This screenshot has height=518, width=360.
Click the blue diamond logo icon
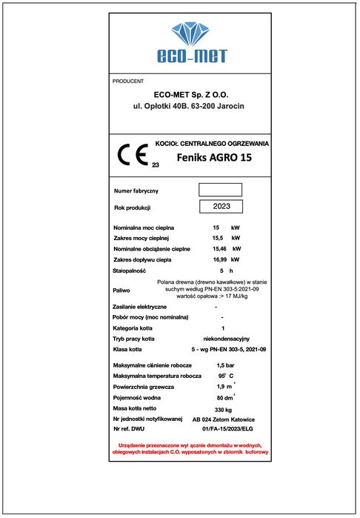click(191, 34)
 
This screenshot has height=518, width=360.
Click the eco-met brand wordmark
click(191, 56)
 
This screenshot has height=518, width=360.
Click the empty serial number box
click(220, 190)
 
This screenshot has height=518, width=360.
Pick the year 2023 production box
click(220, 207)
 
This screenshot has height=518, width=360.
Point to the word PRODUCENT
click(128, 81)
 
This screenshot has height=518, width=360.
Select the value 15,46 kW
click(225, 249)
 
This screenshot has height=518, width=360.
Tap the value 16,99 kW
click(225, 260)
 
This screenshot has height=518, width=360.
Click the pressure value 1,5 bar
click(225, 366)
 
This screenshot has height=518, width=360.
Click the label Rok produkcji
click(133, 207)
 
